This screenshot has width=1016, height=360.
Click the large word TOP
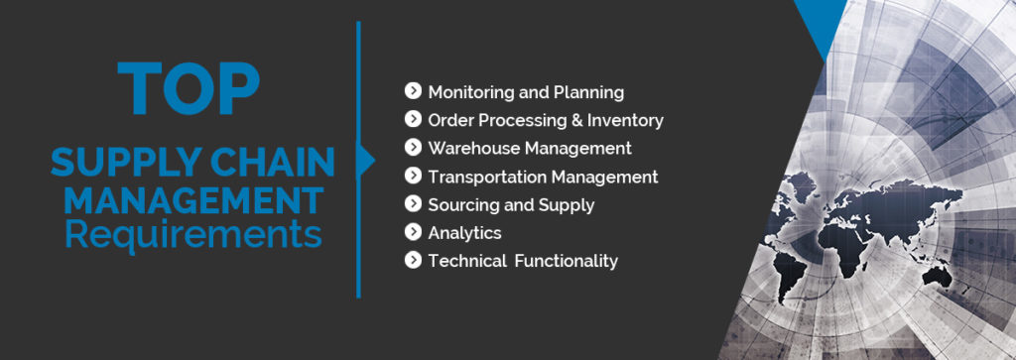tap(189, 87)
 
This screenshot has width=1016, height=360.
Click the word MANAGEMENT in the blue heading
tap(192, 200)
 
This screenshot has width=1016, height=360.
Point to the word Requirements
tap(192, 236)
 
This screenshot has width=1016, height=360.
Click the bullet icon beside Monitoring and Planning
tap(414, 92)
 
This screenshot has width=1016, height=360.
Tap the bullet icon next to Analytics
tap(414, 233)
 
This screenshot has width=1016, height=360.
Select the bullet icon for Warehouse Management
tap(414, 148)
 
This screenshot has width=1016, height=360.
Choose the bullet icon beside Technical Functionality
tap(414, 261)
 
